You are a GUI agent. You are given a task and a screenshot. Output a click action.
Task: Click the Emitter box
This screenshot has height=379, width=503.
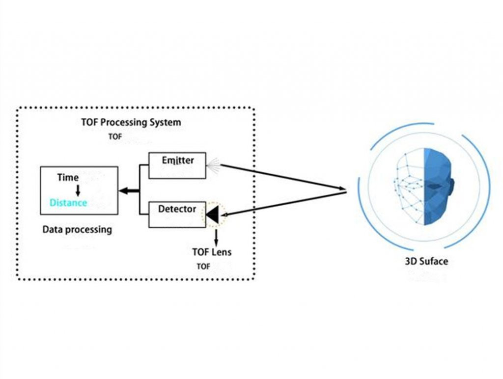(178, 165)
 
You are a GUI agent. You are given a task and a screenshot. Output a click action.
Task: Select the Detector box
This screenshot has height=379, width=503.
(177, 214)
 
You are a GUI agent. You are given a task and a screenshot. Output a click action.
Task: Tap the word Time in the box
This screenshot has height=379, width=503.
(68, 177)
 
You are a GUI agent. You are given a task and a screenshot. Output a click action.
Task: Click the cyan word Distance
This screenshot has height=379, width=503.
(68, 202)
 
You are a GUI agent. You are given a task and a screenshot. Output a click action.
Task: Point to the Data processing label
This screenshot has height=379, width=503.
(77, 229)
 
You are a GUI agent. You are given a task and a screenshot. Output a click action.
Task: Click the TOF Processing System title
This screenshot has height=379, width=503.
(131, 122)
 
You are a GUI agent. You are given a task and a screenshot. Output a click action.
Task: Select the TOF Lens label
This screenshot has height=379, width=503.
(212, 252)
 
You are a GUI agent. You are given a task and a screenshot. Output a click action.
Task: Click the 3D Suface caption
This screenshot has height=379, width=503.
(426, 261)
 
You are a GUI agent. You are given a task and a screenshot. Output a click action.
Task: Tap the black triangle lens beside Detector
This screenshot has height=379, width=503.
(214, 214)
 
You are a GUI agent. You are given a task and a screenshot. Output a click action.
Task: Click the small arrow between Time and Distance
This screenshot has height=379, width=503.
(78, 190)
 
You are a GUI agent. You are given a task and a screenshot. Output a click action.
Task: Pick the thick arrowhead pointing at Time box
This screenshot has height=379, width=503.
(124, 190)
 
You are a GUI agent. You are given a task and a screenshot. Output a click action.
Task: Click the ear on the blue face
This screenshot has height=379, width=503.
(451, 185)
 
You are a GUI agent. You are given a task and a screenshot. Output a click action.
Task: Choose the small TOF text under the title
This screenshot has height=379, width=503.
(114, 136)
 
